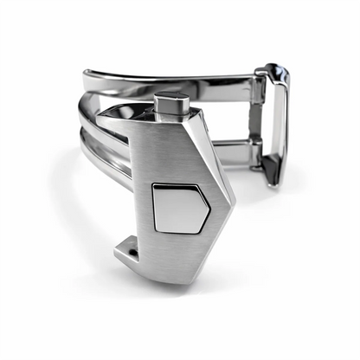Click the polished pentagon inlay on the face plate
pyautogui.click(x=178, y=208)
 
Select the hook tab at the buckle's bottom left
pyautogui.click(x=128, y=251)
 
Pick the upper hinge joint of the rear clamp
pyautogui.click(x=259, y=87)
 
